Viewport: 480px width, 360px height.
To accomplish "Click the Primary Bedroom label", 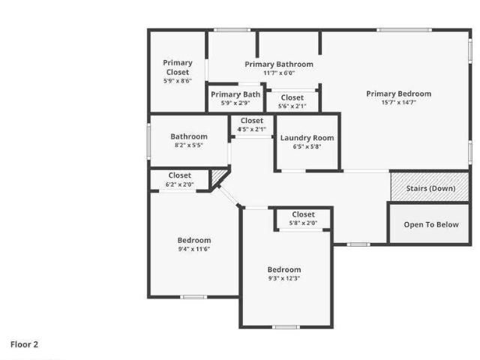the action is click(398, 94).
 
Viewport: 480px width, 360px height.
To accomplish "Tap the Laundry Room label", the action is click(307, 138).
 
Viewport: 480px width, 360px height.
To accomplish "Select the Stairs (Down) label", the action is click(430, 188).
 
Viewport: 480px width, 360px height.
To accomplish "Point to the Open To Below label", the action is click(431, 225).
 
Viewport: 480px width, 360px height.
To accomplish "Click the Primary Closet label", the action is click(178, 67).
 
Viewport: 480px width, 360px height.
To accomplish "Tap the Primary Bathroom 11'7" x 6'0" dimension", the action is click(279, 73).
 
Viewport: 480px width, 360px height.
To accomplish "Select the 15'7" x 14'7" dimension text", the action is click(398, 103).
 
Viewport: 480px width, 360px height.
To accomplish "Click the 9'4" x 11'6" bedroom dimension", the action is click(194, 249).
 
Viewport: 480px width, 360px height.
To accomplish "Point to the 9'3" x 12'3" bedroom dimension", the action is click(284, 278).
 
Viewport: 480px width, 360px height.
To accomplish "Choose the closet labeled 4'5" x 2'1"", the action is click(252, 125).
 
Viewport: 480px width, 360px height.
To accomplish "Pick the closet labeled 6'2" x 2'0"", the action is click(180, 180).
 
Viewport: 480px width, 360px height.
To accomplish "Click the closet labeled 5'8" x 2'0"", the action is click(303, 218).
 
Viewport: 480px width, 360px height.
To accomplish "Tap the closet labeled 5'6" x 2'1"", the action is click(292, 102).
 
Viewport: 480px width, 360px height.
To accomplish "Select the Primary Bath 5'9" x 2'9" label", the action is click(235, 98).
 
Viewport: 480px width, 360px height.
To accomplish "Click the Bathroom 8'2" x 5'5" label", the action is click(189, 141).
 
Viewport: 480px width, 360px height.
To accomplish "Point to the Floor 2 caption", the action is click(24, 345).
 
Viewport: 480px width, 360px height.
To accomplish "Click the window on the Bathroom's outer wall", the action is click(148, 141).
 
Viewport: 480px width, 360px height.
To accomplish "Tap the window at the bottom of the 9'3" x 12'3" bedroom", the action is click(286, 327).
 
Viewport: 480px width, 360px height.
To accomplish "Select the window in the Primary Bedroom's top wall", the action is click(404, 30).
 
